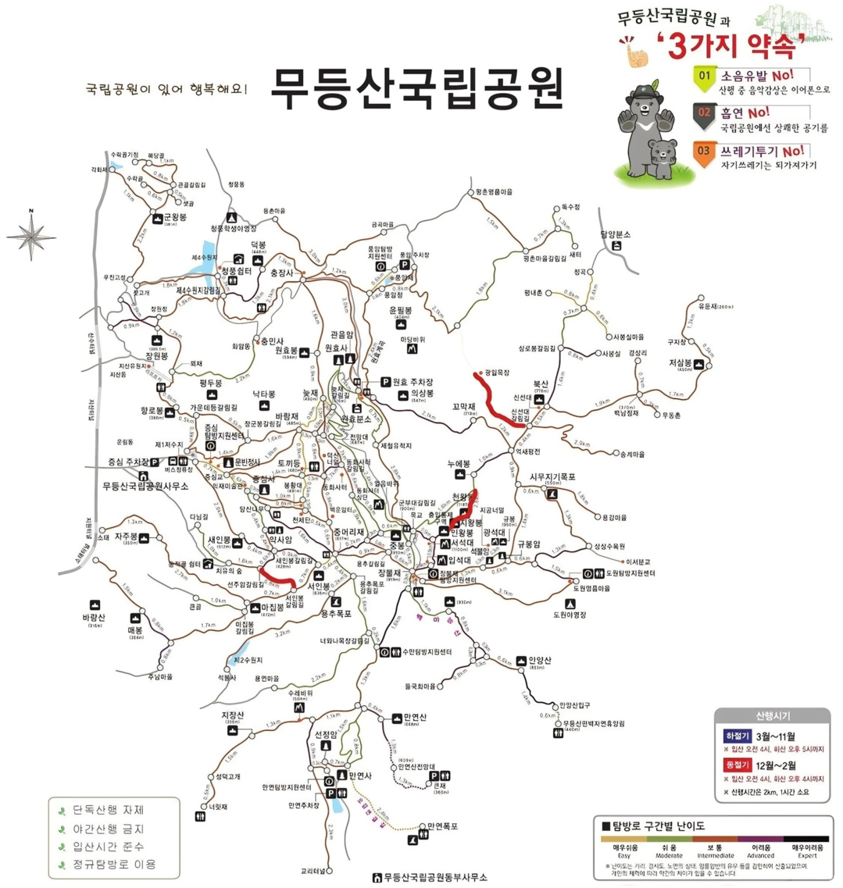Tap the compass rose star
[31, 235]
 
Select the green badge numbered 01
[705, 77]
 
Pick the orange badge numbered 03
[705, 151]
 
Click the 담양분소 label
[615, 234]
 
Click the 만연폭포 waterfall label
[442, 826]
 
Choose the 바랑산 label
[93, 617]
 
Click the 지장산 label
[233, 715]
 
